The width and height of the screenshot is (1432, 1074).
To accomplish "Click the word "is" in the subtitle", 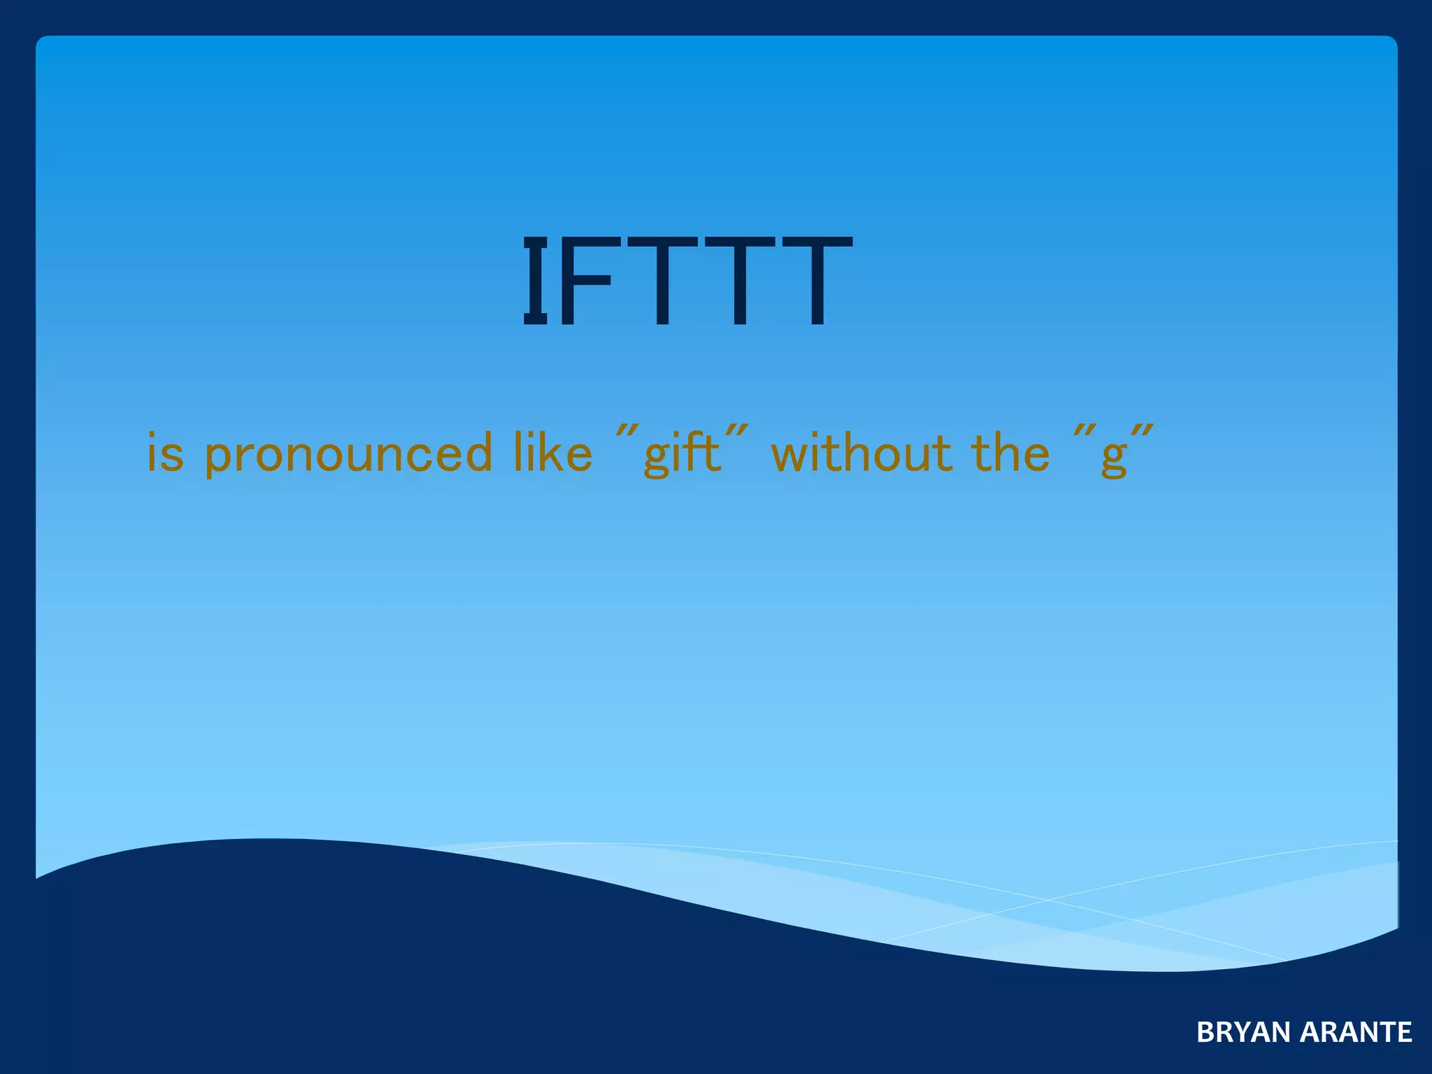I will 165,453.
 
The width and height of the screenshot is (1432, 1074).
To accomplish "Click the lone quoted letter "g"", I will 1113,457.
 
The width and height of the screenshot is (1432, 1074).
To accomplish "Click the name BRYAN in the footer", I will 1243,1032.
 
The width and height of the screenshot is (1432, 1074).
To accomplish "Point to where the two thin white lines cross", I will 1047,900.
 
